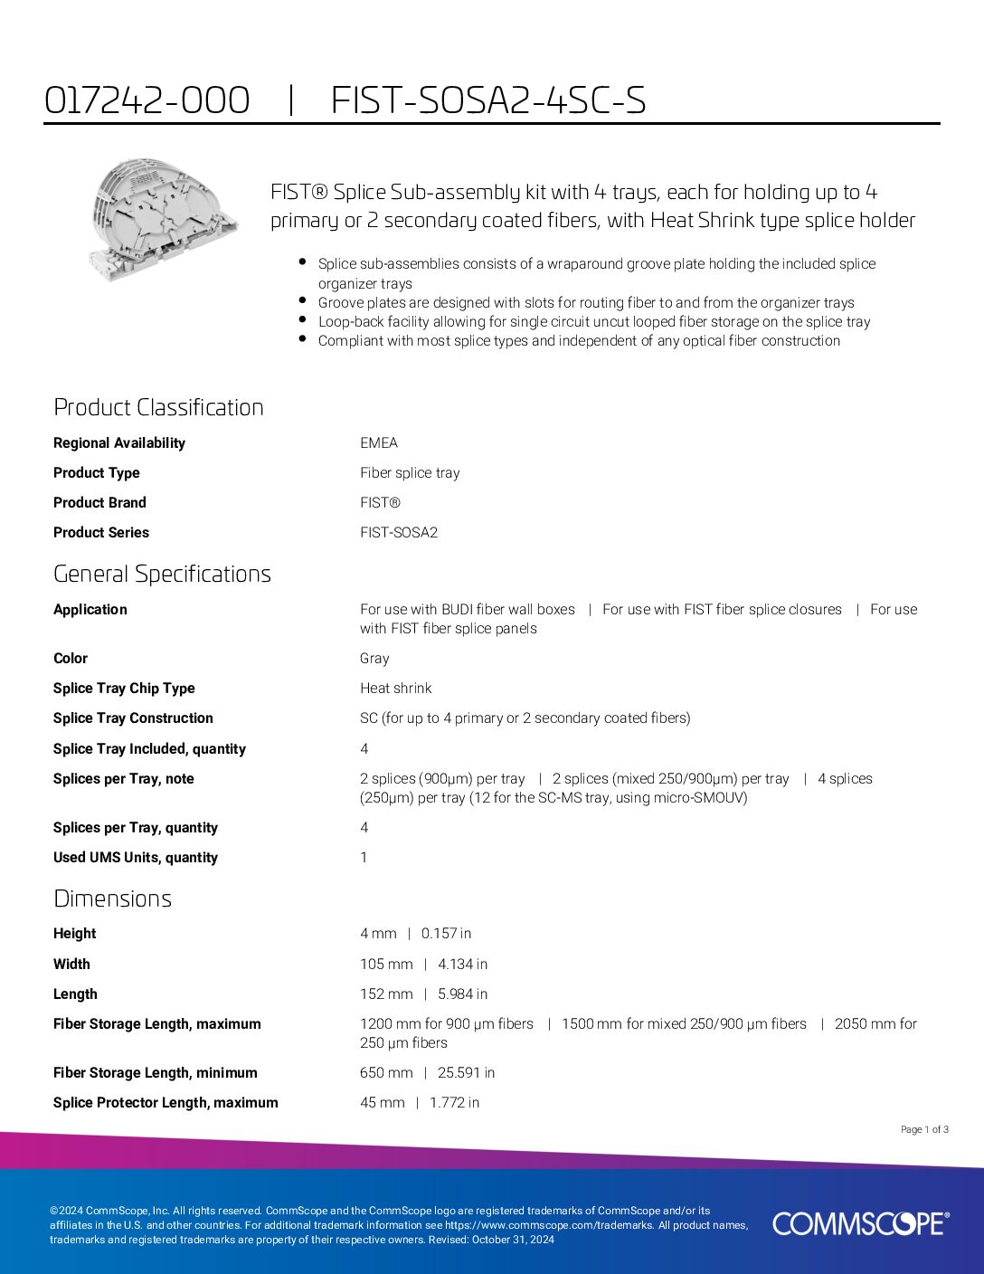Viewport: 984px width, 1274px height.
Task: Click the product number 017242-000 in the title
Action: [147, 100]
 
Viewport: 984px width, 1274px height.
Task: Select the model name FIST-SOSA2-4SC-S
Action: [488, 100]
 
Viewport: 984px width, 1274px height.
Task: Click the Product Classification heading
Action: [158, 407]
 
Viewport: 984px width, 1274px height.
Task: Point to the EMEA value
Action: [379, 442]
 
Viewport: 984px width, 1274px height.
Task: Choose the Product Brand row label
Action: [99, 502]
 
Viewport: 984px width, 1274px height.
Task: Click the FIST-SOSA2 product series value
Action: [399, 532]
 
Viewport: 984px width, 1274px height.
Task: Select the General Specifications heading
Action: [162, 574]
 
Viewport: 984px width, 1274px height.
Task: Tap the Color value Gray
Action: [374, 658]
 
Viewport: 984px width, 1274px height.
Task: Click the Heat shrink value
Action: [396, 688]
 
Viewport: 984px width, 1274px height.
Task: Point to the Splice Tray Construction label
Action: [133, 718]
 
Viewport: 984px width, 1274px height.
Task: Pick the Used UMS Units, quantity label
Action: [136, 857]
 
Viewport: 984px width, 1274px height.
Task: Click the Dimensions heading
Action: [112, 898]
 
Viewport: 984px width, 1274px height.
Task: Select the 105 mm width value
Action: [386, 964]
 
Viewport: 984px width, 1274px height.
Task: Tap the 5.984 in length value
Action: [462, 994]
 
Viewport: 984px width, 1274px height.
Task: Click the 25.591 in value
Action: [466, 1072]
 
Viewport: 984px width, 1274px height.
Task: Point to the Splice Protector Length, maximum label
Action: [166, 1102]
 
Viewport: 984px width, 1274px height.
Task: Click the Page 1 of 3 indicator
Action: [924, 1129]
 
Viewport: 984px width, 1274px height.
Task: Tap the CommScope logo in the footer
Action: [860, 1223]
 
